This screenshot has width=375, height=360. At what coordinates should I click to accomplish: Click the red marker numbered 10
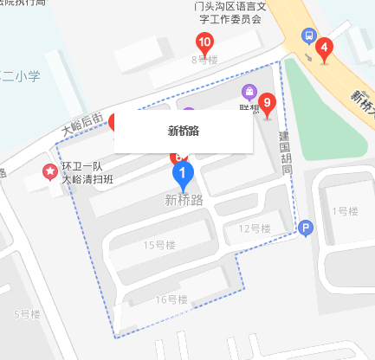(204, 42)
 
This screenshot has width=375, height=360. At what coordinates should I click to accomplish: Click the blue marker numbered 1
(183, 176)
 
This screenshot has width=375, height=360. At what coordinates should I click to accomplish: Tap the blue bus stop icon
(307, 35)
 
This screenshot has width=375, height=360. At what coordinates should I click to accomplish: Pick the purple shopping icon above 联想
(249, 91)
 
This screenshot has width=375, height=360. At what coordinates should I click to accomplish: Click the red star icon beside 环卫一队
(49, 172)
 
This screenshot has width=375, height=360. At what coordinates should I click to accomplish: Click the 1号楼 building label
(345, 211)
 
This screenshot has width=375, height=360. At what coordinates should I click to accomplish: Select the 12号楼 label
(255, 228)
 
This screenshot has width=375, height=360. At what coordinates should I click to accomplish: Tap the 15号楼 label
(159, 246)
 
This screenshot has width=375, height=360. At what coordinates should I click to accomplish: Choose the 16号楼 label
(171, 299)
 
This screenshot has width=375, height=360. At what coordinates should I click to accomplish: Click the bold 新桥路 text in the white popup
(183, 132)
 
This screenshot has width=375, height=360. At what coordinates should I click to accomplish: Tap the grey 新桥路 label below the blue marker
(183, 201)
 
